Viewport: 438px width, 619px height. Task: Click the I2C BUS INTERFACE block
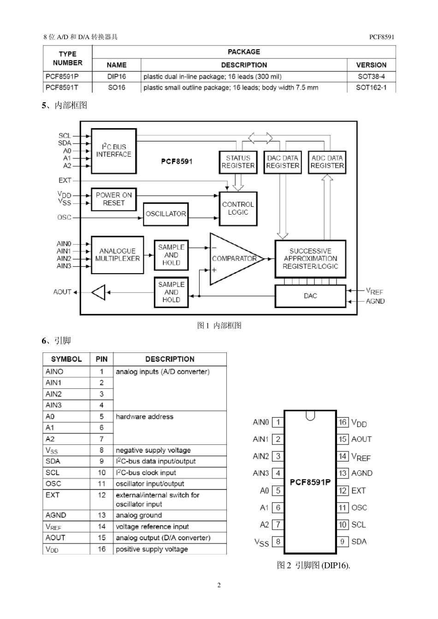click(x=114, y=151)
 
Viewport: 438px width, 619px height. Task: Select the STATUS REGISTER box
click(x=238, y=162)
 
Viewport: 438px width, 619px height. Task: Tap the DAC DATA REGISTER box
click(x=283, y=162)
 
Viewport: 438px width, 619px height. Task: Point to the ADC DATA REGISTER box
click(x=327, y=162)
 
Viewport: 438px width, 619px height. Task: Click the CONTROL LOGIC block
click(x=238, y=209)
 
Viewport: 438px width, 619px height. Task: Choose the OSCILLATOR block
click(x=166, y=214)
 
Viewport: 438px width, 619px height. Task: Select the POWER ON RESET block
click(x=114, y=199)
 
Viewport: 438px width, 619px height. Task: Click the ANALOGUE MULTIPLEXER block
click(x=117, y=255)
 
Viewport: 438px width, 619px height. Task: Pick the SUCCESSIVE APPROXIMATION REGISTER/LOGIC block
click(x=310, y=259)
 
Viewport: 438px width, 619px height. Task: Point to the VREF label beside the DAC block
click(x=374, y=291)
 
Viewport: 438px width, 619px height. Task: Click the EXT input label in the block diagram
click(x=65, y=181)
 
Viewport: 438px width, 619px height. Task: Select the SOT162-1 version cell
click(x=371, y=88)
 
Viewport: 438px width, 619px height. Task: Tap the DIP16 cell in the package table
click(x=117, y=76)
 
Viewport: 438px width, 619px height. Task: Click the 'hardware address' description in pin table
click(x=144, y=417)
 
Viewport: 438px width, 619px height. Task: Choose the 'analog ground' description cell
click(x=139, y=515)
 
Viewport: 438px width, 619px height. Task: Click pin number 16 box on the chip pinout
click(x=343, y=422)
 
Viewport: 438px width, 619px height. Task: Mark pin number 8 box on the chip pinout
click(x=278, y=541)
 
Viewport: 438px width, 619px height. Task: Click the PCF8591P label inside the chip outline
click(x=310, y=482)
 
